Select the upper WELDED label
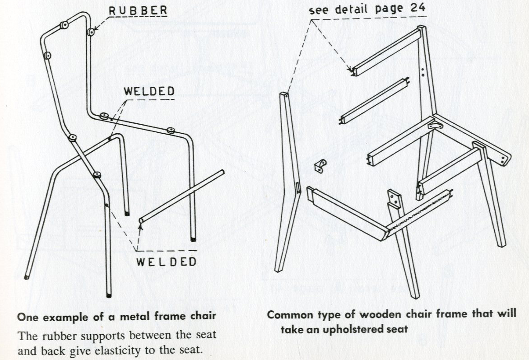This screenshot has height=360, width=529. [149, 91]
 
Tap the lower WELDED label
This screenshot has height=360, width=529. [167, 262]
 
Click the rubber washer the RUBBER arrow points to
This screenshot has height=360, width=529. [91, 31]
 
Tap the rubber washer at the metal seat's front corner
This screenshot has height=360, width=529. [171, 131]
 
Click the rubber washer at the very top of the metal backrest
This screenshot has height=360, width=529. [65, 24]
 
